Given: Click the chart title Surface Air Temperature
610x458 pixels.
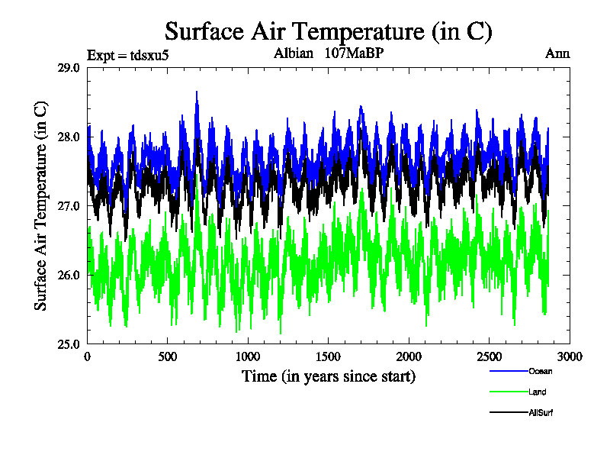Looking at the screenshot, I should pyautogui.click(x=329, y=31).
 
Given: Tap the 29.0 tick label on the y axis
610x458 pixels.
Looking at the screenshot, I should pyautogui.click(x=69, y=68).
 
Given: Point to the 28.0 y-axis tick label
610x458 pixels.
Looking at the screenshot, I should pyautogui.click(x=69, y=137).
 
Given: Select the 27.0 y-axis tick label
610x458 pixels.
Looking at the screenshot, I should pyautogui.click(x=69, y=206).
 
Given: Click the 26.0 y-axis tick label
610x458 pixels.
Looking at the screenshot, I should pyautogui.click(x=69, y=275).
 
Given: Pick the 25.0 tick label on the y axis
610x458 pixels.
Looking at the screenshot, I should pyautogui.click(x=69, y=343).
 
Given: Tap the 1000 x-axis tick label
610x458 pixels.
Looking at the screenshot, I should pyautogui.click(x=248, y=356).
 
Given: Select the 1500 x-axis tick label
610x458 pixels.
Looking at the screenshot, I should pyautogui.click(x=329, y=356).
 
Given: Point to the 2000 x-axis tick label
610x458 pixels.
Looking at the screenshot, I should pyautogui.click(x=409, y=356).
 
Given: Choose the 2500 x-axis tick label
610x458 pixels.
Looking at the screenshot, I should pyautogui.click(x=490, y=356).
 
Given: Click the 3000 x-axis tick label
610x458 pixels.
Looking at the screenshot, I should pyautogui.click(x=570, y=356).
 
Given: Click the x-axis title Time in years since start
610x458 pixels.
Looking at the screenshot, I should pyautogui.click(x=329, y=376).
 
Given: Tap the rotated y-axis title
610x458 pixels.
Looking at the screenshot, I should pyautogui.click(x=41, y=206).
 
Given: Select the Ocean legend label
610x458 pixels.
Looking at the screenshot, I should pyautogui.click(x=540, y=371).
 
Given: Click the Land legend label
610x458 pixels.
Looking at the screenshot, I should pyautogui.click(x=537, y=392).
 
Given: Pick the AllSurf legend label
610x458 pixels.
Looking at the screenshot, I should pyautogui.click(x=540, y=413).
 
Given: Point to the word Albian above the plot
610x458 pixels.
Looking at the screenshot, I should pyautogui.click(x=294, y=54).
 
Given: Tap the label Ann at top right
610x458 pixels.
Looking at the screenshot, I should pyautogui.click(x=557, y=54).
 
